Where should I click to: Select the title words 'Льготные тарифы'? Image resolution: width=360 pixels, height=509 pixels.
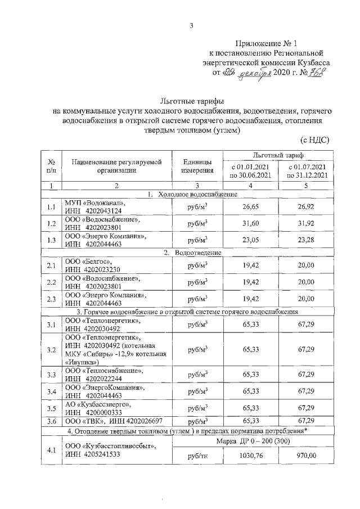[x=192, y=102]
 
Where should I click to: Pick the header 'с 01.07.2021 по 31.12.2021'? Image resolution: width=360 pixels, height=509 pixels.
[x=306, y=171]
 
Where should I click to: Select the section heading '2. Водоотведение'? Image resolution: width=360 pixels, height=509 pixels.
[x=192, y=252]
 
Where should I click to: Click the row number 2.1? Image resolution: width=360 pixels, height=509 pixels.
[x=51, y=265]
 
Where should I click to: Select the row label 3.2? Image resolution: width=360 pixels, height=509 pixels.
[x=51, y=349]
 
